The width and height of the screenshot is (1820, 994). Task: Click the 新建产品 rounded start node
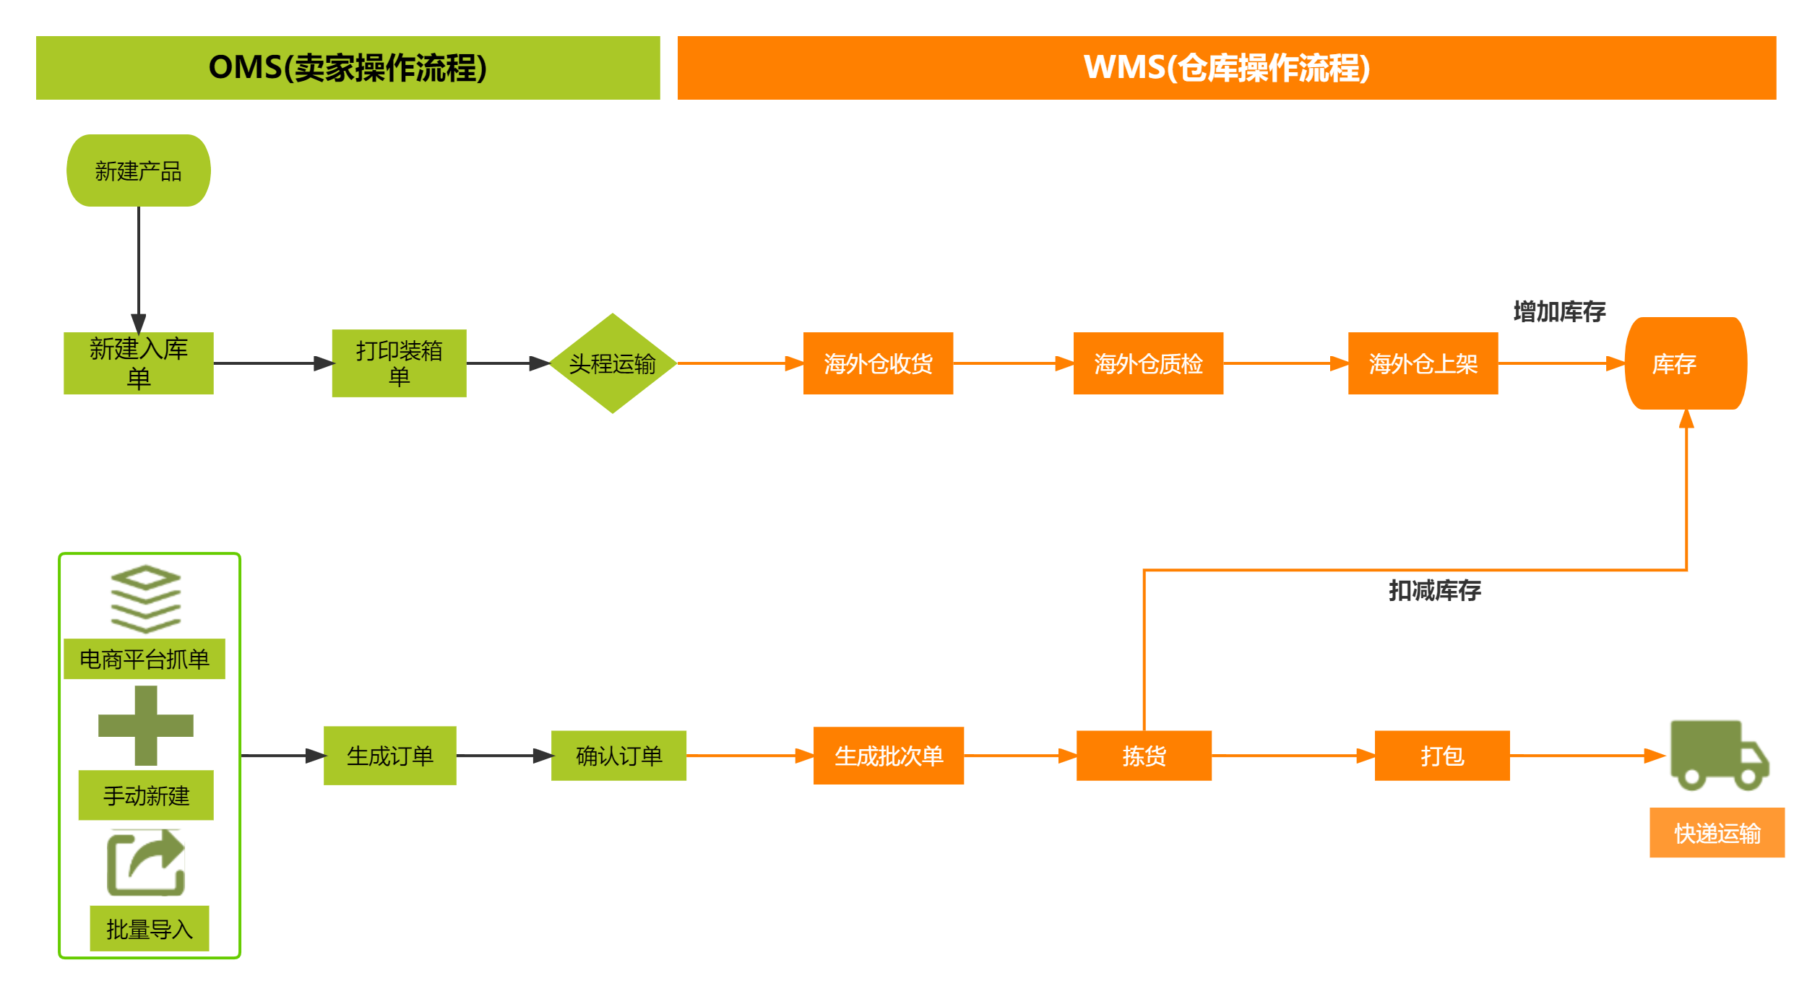coord(138,170)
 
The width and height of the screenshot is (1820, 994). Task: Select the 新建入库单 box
coord(138,363)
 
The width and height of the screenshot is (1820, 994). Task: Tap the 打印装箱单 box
coord(399,363)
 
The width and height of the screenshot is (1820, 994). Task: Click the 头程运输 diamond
coord(612,363)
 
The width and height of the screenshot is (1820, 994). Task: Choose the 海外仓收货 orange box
coord(878,363)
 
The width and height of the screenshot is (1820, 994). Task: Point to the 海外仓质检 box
coord(1148,363)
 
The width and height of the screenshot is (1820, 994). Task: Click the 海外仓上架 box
coord(1423,363)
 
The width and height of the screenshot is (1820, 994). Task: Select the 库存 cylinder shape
coord(1685,363)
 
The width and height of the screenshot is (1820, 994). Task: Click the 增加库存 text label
coord(1559,311)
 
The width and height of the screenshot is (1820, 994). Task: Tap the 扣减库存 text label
coord(1434,590)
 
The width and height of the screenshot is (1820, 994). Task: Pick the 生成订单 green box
coord(389,756)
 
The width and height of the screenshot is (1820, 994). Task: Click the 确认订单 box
coord(618,756)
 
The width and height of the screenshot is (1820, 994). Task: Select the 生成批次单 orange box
coord(888,756)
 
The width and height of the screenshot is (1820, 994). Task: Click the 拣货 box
coord(1144,756)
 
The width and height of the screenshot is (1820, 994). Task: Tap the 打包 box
coord(1442,756)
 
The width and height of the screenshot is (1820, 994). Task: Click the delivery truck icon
coord(1718,754)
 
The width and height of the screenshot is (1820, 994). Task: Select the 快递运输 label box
coord(1717,833)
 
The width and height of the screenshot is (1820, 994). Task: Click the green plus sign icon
coord(146,725)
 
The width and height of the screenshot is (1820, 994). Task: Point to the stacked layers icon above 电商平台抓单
coord(146,599)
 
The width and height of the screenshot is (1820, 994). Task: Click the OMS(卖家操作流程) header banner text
coord(348,68)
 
